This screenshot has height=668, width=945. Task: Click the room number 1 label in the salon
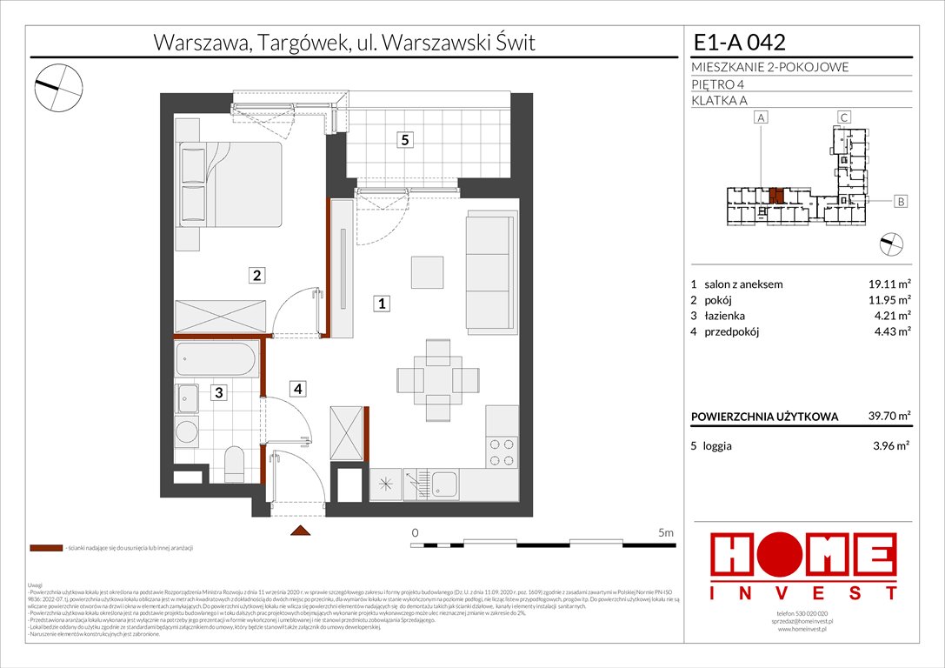coord(382,304)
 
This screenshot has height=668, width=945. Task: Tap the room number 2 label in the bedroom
coord(256,276)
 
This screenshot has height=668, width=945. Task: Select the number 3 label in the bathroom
coord(220,393)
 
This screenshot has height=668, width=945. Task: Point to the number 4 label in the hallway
coord(297,389)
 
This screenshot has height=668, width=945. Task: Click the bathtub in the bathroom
coord(217,359)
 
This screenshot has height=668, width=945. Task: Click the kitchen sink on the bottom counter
coord(444,485)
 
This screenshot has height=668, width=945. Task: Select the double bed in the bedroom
coord(230,184)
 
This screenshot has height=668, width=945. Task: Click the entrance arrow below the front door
coord(299,531)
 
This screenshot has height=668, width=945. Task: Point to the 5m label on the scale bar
coord(665,531)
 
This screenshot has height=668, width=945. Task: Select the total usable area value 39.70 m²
coord(886,417)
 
